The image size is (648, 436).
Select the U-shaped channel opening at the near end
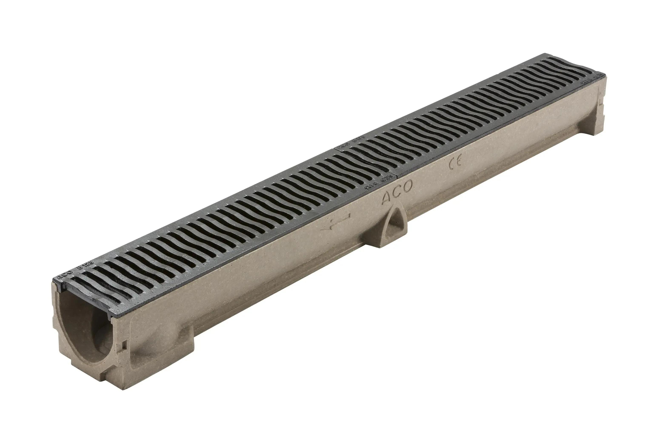click(x=83, y=328)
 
